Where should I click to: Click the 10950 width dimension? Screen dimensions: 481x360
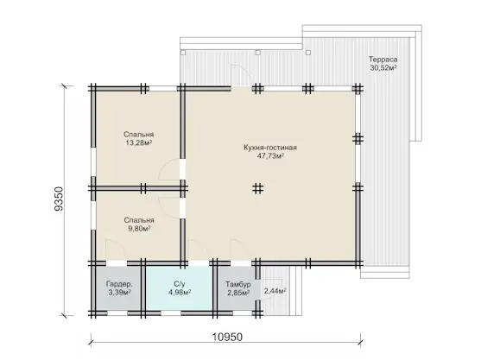click(x=227, y=337)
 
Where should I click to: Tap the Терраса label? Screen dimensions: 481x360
click(x=383, y=60)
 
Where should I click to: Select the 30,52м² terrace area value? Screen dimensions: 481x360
click(x=383, y=67)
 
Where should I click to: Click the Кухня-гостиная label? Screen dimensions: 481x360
click(x=270, y=148)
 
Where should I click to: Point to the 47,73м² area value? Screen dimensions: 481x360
click(x=270, y=155)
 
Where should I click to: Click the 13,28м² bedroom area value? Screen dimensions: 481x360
click(x=139, y=142)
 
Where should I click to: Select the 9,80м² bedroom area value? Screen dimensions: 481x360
click(x=139, y=229)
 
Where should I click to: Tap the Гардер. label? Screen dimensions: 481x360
click(x=119, y=284)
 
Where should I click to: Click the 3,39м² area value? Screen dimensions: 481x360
click(x=120, y=293)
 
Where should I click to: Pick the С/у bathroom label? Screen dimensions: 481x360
click(x=180, y=284)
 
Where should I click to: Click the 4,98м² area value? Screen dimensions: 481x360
click(x=180, y=293)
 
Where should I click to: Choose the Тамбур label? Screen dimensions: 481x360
click(x=238, y=284)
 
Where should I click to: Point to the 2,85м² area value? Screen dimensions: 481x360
click(x=238, y=293)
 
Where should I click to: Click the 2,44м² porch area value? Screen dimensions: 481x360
click(x=275, y=291)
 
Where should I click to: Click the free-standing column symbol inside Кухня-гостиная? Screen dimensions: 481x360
click(x=258, y=188)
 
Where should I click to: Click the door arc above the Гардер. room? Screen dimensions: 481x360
click(x=119, y=243)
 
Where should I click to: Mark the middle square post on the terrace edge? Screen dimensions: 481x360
click(x=258, y=53)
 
